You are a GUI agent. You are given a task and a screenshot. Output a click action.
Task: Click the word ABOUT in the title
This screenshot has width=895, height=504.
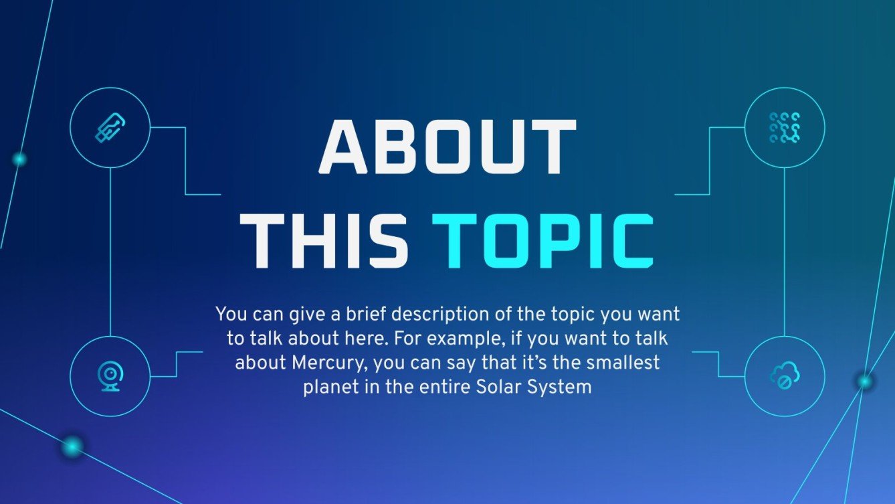pos(447,147)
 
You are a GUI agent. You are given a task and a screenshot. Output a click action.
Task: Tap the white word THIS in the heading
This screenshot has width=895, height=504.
pos(324,241)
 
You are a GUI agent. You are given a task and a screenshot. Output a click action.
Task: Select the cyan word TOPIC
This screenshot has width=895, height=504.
pos(543,241)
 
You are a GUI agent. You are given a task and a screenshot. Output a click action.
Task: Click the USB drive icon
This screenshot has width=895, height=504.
pos(110,127)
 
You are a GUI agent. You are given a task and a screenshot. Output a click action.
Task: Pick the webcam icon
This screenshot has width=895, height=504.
pos(110,376)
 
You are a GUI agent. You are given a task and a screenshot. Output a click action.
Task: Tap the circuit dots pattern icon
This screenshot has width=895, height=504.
pos(785,127)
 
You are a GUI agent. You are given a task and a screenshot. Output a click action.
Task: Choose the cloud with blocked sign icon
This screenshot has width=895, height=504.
pos(785,375)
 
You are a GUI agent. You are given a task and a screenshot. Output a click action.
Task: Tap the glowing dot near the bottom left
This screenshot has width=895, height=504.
pos(72,446)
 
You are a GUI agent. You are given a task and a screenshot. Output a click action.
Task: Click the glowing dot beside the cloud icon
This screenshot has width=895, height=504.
pos(865,381)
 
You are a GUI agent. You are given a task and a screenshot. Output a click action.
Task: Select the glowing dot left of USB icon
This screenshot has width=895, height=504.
pos(19,159)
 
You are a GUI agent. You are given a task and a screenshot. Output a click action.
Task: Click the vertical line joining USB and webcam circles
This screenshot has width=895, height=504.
pos(110,252)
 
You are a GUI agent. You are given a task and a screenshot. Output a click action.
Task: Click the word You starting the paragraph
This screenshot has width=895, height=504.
pos(231,314)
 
